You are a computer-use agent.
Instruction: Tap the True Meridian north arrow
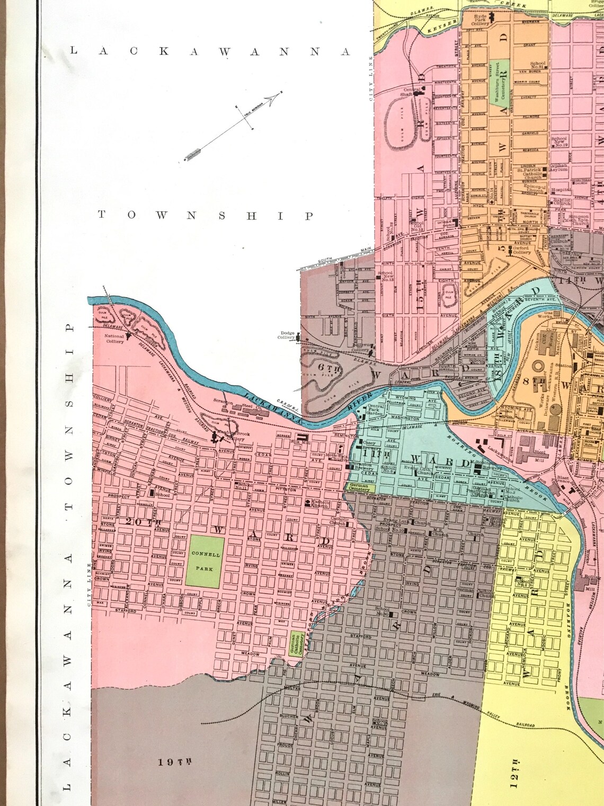click(233, 127)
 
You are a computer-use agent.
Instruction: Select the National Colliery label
click(114, 339)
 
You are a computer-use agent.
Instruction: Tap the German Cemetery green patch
click(359, 488)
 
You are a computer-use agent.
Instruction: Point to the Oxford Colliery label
click(521, 250)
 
